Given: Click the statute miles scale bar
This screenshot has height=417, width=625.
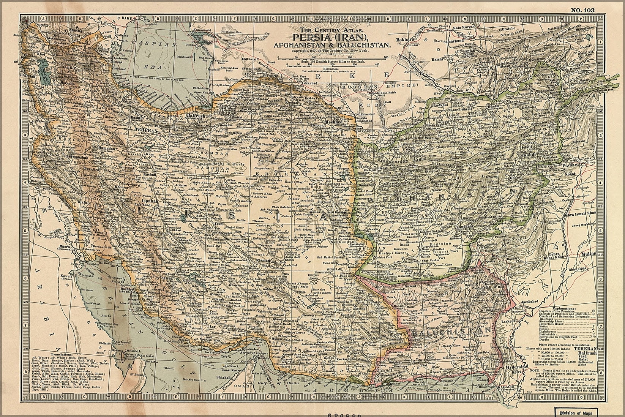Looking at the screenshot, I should click(332, 58).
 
